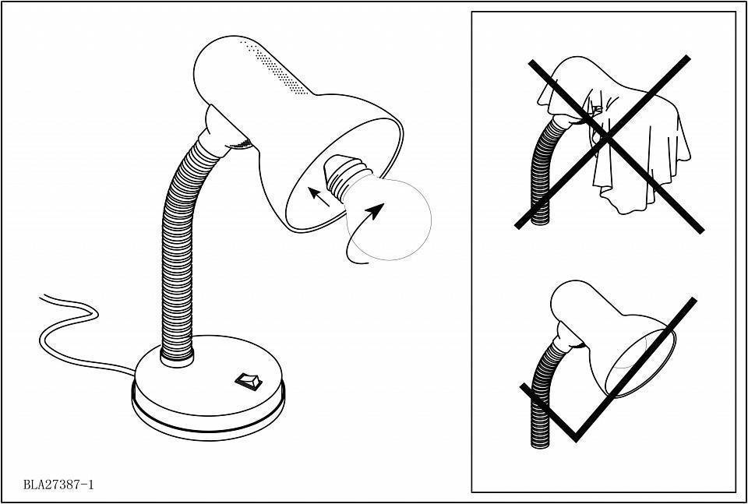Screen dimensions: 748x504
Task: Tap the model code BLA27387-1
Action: tap(58, 485)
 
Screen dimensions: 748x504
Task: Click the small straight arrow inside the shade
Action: tap(319, 196)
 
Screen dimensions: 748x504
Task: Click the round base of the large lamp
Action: tap(208, 396)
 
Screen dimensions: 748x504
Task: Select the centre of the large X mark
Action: tap(606, 139)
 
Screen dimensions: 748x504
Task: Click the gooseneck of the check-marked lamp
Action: tap(542, 391)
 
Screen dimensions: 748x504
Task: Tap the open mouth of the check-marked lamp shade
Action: tap(641, 362)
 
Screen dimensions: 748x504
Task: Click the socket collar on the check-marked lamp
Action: tap(570, 337)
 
